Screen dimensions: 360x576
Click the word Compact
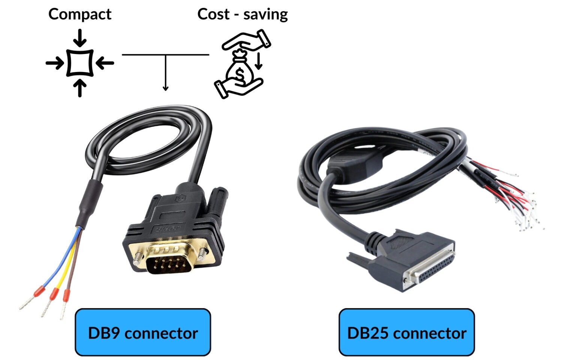coord(79,14)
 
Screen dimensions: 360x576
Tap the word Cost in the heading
coord(213,14)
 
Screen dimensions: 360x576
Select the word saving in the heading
coord(265,14)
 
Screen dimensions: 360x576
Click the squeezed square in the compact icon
coord(79,63)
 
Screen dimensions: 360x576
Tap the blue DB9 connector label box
coord(143,333)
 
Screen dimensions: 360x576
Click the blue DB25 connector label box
coord(406,333)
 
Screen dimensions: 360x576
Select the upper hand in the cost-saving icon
coord(247,39)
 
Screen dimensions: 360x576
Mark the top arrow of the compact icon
coord(79,37)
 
